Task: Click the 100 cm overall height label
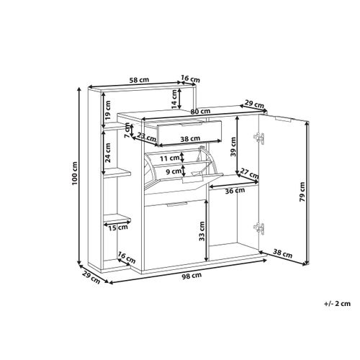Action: pos(75,173)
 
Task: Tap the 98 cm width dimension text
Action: pos(192,276)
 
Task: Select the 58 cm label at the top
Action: pos(139,80)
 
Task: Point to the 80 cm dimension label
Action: pos(201,112)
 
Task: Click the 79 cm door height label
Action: pos(302,192)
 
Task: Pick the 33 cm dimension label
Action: pos(202,231)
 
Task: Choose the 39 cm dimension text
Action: pos(233,147)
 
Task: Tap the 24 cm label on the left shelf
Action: pos(108,153)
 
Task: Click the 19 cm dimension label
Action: pos(108,110)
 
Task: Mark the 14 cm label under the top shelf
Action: pos(174,99)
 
